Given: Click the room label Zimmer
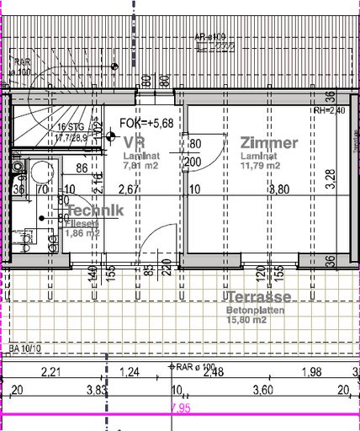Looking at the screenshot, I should pyautogui.click(x=268, y=143).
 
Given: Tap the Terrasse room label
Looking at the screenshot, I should pyautogui.click(x=258, y=297).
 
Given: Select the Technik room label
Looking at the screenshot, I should pyautogui.click(x=96, y=210).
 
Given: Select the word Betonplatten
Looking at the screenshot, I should pyautogui.click(x=253, y=311).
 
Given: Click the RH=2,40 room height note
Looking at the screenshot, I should pyautogui.click(x=330, y=110).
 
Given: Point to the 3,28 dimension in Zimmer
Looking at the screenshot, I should pyautogui.click(x=330, y=176).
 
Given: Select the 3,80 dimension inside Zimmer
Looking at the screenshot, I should pyautogui.click(x=278, y=190).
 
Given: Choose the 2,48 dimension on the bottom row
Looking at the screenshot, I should pyautogui.click(x=213, y=372).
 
